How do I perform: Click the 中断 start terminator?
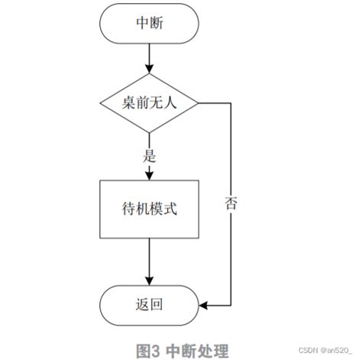pos(149,23)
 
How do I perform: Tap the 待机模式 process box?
pos(149,208)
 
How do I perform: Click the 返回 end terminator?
pos(149,305)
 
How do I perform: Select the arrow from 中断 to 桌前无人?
pos(149,57)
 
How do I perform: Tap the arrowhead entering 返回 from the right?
pos(204,305)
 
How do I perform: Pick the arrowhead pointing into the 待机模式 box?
pos(149,174)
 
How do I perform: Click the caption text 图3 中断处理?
pos(182,351)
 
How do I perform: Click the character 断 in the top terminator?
pos(158,23)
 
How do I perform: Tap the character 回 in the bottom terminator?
pos(158,305)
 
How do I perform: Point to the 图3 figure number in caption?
pos(147,351)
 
